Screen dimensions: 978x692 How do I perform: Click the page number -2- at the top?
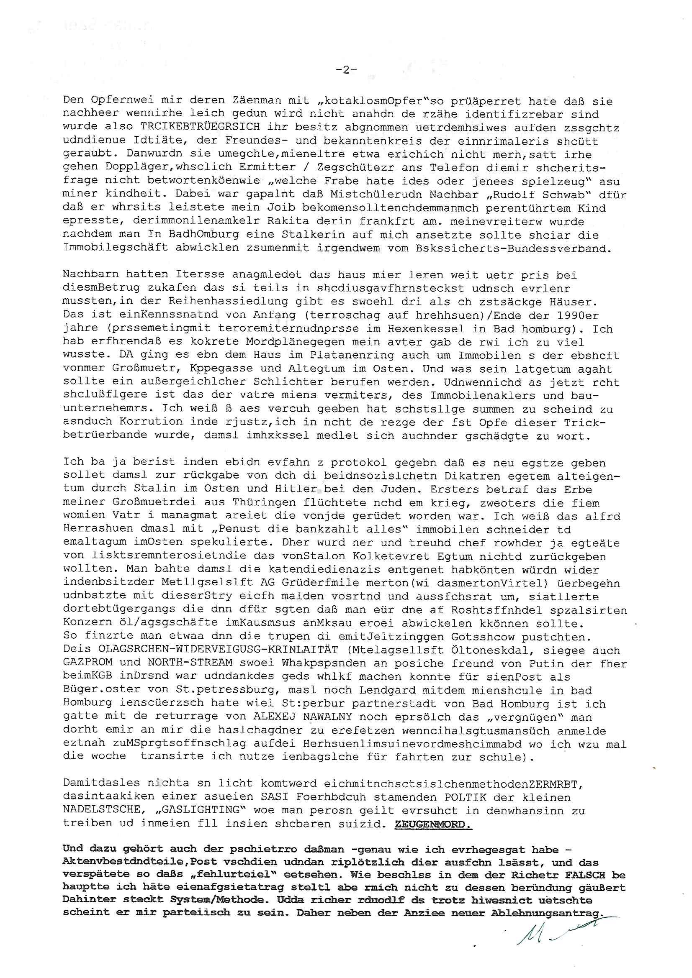pos(346,70)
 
